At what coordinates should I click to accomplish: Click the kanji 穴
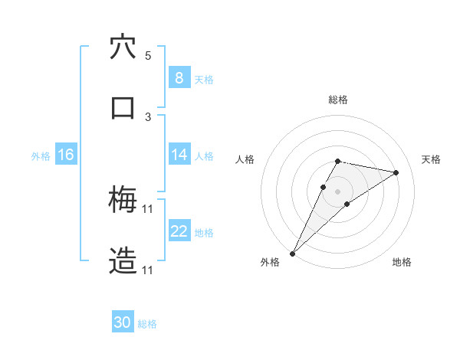pos(123,47)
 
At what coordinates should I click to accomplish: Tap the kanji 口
pos(123,107)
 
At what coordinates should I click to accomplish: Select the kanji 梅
pos(123,201)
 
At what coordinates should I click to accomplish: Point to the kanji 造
pos(123,260)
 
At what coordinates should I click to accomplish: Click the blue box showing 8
pos(179,78)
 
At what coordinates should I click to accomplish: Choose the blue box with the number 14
pos(179,155)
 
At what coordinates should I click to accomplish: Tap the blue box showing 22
pos(179,231)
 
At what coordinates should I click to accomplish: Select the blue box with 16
pos(65,155)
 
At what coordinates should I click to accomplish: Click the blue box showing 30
pos(122,322)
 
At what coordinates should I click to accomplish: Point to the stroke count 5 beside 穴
pos(148,56)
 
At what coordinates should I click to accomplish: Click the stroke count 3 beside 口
pos(148,116)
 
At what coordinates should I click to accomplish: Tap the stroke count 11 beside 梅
pos(148,209)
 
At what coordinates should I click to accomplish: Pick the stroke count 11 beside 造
pos(148,270)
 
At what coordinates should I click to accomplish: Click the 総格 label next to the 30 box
pos(147,324)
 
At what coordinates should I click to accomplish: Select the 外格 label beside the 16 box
pos(41,155)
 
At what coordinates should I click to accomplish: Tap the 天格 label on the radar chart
pos(431,159)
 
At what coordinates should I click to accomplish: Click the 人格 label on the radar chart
pos(245,159)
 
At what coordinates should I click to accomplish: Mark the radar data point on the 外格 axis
pos(292,253)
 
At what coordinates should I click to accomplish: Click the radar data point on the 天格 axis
pos(396,172)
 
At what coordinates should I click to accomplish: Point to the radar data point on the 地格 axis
pos(347,204)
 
